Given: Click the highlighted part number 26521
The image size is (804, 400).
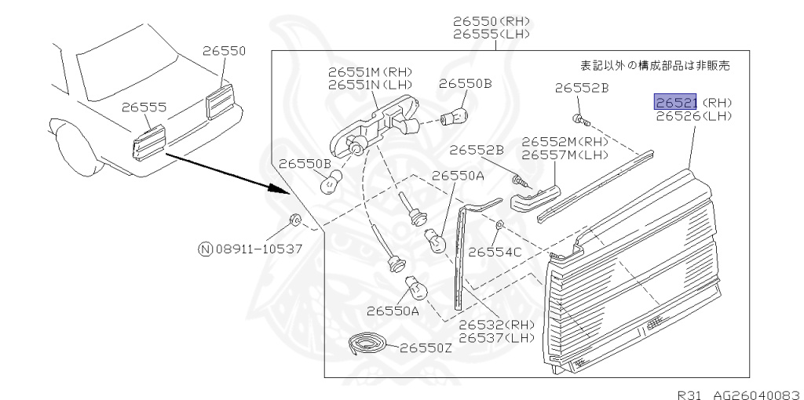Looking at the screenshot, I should click(676, 102).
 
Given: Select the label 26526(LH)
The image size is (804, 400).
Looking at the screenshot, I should click(693, 116).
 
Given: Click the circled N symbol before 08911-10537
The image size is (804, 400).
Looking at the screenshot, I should click(205, 249).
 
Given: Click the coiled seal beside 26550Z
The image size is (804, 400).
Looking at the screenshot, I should click(367, 343).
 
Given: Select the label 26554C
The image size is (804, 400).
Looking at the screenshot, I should click(495, 252).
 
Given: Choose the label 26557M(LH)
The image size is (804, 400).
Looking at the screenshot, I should click(565, 155).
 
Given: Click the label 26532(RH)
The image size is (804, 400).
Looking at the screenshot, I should click(495, 325).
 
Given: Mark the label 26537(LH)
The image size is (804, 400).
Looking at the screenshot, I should click(495, 338).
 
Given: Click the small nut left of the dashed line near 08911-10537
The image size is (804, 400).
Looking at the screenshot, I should click(296, 219).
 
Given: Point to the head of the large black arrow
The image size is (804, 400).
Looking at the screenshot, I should click(279, 190).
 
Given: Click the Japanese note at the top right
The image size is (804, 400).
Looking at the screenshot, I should click(654, 66).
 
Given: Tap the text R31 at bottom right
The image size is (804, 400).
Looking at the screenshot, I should click(689, 393).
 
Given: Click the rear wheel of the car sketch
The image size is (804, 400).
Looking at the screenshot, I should click(75, 149).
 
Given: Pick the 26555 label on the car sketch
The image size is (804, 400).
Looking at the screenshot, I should click(144, 107).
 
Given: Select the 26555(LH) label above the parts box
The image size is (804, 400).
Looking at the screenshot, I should click(492, 35).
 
